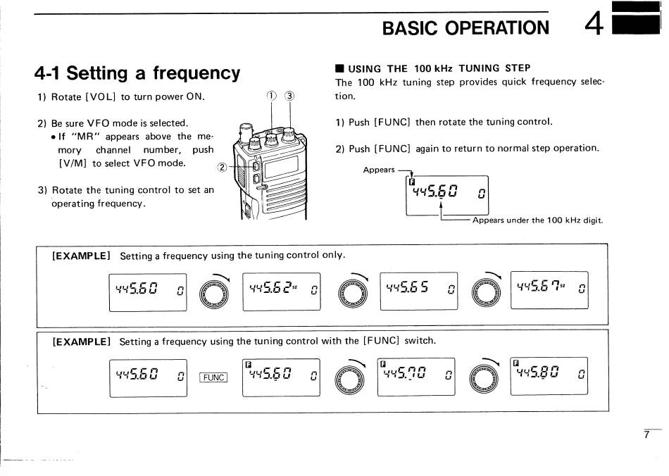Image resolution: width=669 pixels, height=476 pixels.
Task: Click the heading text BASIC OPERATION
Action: click(465, 27)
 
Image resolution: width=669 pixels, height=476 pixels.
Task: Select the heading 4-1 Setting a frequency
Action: click(137, 73)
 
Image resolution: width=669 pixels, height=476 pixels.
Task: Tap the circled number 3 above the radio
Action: click(289, 96)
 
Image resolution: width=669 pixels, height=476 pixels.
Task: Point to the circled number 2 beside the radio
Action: click(223, 168)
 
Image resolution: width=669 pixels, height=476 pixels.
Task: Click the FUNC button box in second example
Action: click(213, 377)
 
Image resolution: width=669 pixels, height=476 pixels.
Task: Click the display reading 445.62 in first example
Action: click(281, 290)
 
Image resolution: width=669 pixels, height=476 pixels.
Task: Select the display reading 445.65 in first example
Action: click(418, 290)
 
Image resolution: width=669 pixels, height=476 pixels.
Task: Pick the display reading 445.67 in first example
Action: click(549, 289)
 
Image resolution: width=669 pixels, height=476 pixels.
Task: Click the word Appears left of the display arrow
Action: click(379, 170)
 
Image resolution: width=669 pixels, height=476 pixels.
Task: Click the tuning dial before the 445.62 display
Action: click(214, 292)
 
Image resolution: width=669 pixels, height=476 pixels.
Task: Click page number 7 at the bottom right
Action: click(646, 436)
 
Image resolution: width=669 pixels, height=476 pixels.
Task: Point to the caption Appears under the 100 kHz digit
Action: click(537, 220)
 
